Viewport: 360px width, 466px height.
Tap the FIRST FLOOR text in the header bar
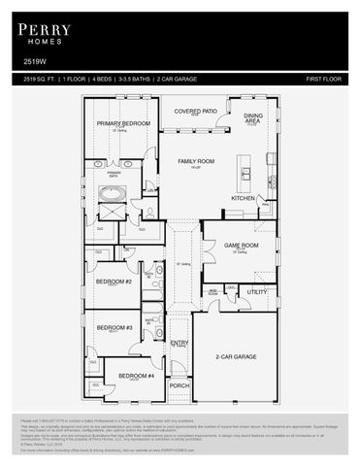pyautogui.click(x=326, y=78)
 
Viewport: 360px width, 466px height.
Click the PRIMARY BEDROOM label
pyautogui.click(x=123, y=124)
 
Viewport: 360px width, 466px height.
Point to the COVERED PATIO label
pyautogui.click(x=194, y=112)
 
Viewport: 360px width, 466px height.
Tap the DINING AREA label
pyautogui.click(x=252, y=118)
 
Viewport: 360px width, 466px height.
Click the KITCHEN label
pyautogui.click(x=243, y=198)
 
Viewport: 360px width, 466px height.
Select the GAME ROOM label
pyautogui.click(x=242, y=246)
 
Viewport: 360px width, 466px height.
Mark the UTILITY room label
pyautogui.click(x=257, y=291)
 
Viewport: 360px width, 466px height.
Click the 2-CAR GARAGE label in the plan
pyautogui.click(x=236, y=356)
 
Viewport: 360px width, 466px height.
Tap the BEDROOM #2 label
pyautogui.click(x=114, y=282)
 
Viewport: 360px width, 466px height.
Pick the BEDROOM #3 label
pyautogui.click(x=114, y=327)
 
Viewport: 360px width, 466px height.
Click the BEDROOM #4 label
pyautogui.click(x=136, y=376)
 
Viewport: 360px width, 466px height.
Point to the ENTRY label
pyautogui.click(x=180, y=343)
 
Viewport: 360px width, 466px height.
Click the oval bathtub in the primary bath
pyautogui.click(x=110, y=207)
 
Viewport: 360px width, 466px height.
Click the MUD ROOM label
pyautogui.click(x=213, y=290)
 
